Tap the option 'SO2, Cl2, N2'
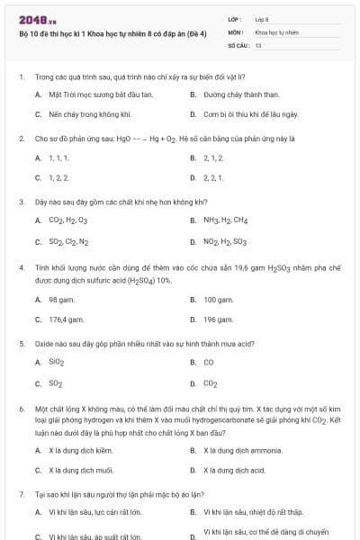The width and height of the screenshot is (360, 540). (68, 242)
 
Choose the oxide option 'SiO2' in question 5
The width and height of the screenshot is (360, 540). (57, 363)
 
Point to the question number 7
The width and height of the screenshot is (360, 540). (21, 495)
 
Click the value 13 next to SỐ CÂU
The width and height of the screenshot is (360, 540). (258, 44)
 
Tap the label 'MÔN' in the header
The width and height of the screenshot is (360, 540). (236, 31)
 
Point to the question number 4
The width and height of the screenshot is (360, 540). (21, 267)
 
